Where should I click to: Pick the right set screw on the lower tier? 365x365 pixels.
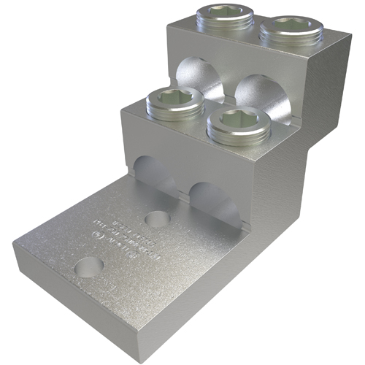coord(239,123)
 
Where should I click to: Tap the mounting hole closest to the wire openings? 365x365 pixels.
coord(155,218)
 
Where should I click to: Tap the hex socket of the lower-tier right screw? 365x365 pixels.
coord(239,118)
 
